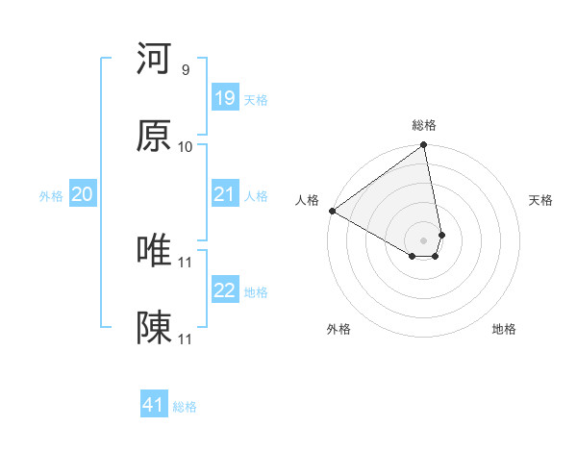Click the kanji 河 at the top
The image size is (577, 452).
pos(154,59)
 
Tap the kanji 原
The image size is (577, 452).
pos(154,137)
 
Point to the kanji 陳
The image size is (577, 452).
pos(154,328)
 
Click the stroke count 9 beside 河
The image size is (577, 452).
pos(185,70)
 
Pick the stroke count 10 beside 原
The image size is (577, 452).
pos(186,147)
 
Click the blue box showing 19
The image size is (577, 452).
pos(224,98)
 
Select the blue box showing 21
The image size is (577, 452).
pos(224,195)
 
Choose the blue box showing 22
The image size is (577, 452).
pos(224,290)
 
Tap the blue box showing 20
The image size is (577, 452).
pos(82,195)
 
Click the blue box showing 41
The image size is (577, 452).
pos(154,405)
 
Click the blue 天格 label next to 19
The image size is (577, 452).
pos(255,99)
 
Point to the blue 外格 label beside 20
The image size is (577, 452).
pos(51,196)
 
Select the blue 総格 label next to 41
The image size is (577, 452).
pos(185,407)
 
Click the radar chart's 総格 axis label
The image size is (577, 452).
pos(424,125)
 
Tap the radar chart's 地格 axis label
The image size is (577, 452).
pos(504,329)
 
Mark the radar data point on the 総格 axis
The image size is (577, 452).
pos(424,146)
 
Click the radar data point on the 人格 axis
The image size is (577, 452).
pos(332,211)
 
